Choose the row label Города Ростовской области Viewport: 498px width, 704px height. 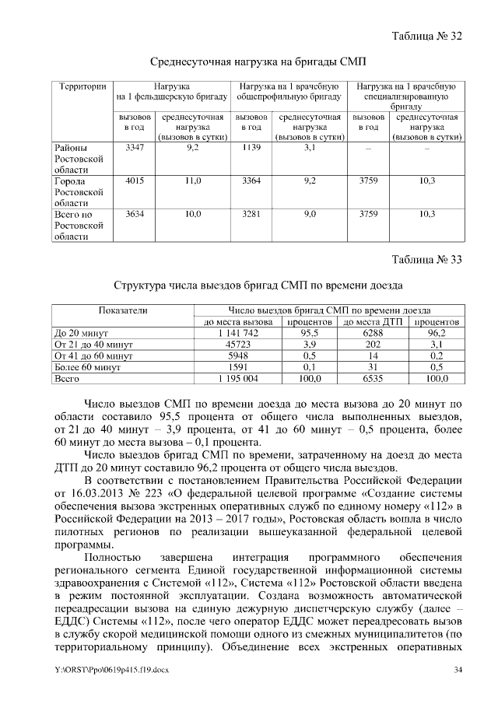pyautogui.click(x=78, y=191)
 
